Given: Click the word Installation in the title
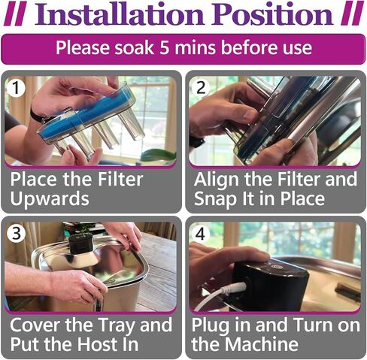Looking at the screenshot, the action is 119,14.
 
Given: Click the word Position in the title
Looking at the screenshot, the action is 273,14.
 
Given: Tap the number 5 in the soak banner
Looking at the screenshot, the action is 165,47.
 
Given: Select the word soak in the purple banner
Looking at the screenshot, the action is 135,47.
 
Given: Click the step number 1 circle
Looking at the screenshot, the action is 16,88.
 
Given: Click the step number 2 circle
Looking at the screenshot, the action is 201,88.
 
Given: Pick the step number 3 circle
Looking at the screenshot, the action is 16,233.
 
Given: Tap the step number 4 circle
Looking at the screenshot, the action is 201,234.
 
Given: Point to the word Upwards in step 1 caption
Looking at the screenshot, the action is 50,198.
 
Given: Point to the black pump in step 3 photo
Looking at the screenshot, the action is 80,244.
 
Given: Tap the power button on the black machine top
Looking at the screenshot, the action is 278,267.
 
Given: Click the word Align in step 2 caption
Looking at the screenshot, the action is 217,180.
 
